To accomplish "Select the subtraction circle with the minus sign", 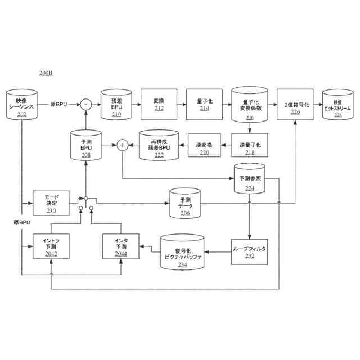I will click(x=85, y=103).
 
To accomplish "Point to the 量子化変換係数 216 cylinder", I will click(x=250, y=105).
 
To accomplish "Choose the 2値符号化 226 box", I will click(x=295, y=105).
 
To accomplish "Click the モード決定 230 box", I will click(x=51, y=202).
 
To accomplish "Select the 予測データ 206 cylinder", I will click(x=185, y=204).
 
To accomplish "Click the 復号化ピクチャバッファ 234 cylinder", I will click(x=182, y=251).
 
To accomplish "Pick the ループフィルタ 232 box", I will click(x=249, y=251).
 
